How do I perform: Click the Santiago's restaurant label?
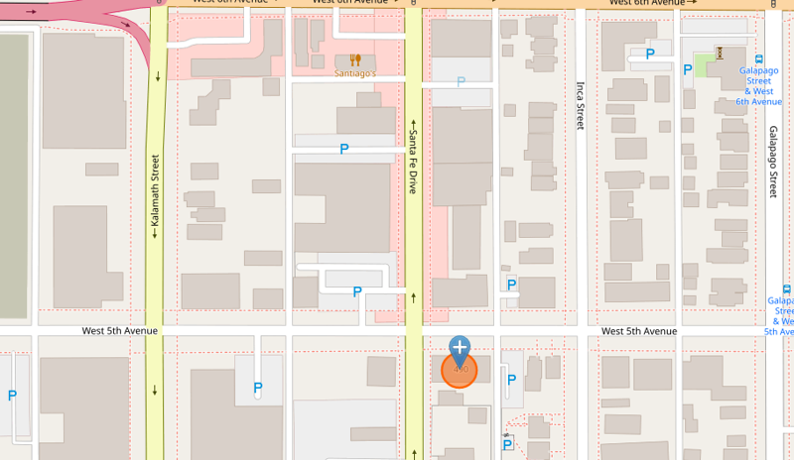(354, 73)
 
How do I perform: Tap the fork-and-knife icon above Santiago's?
(354, 59)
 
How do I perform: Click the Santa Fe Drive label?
(413, 162)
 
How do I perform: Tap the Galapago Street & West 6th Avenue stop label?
(759, 86)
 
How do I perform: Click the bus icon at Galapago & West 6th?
(759, 58)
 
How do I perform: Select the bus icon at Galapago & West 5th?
(787, 288)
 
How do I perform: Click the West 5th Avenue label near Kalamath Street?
(120, 331)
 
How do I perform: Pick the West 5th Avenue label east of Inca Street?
(639, 331)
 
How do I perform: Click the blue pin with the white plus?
(460, 348)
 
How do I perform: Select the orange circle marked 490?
(460, 370)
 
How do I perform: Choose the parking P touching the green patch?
(687, 68)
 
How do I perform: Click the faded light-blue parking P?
(461, 81)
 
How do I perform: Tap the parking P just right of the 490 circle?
(512, 379)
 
